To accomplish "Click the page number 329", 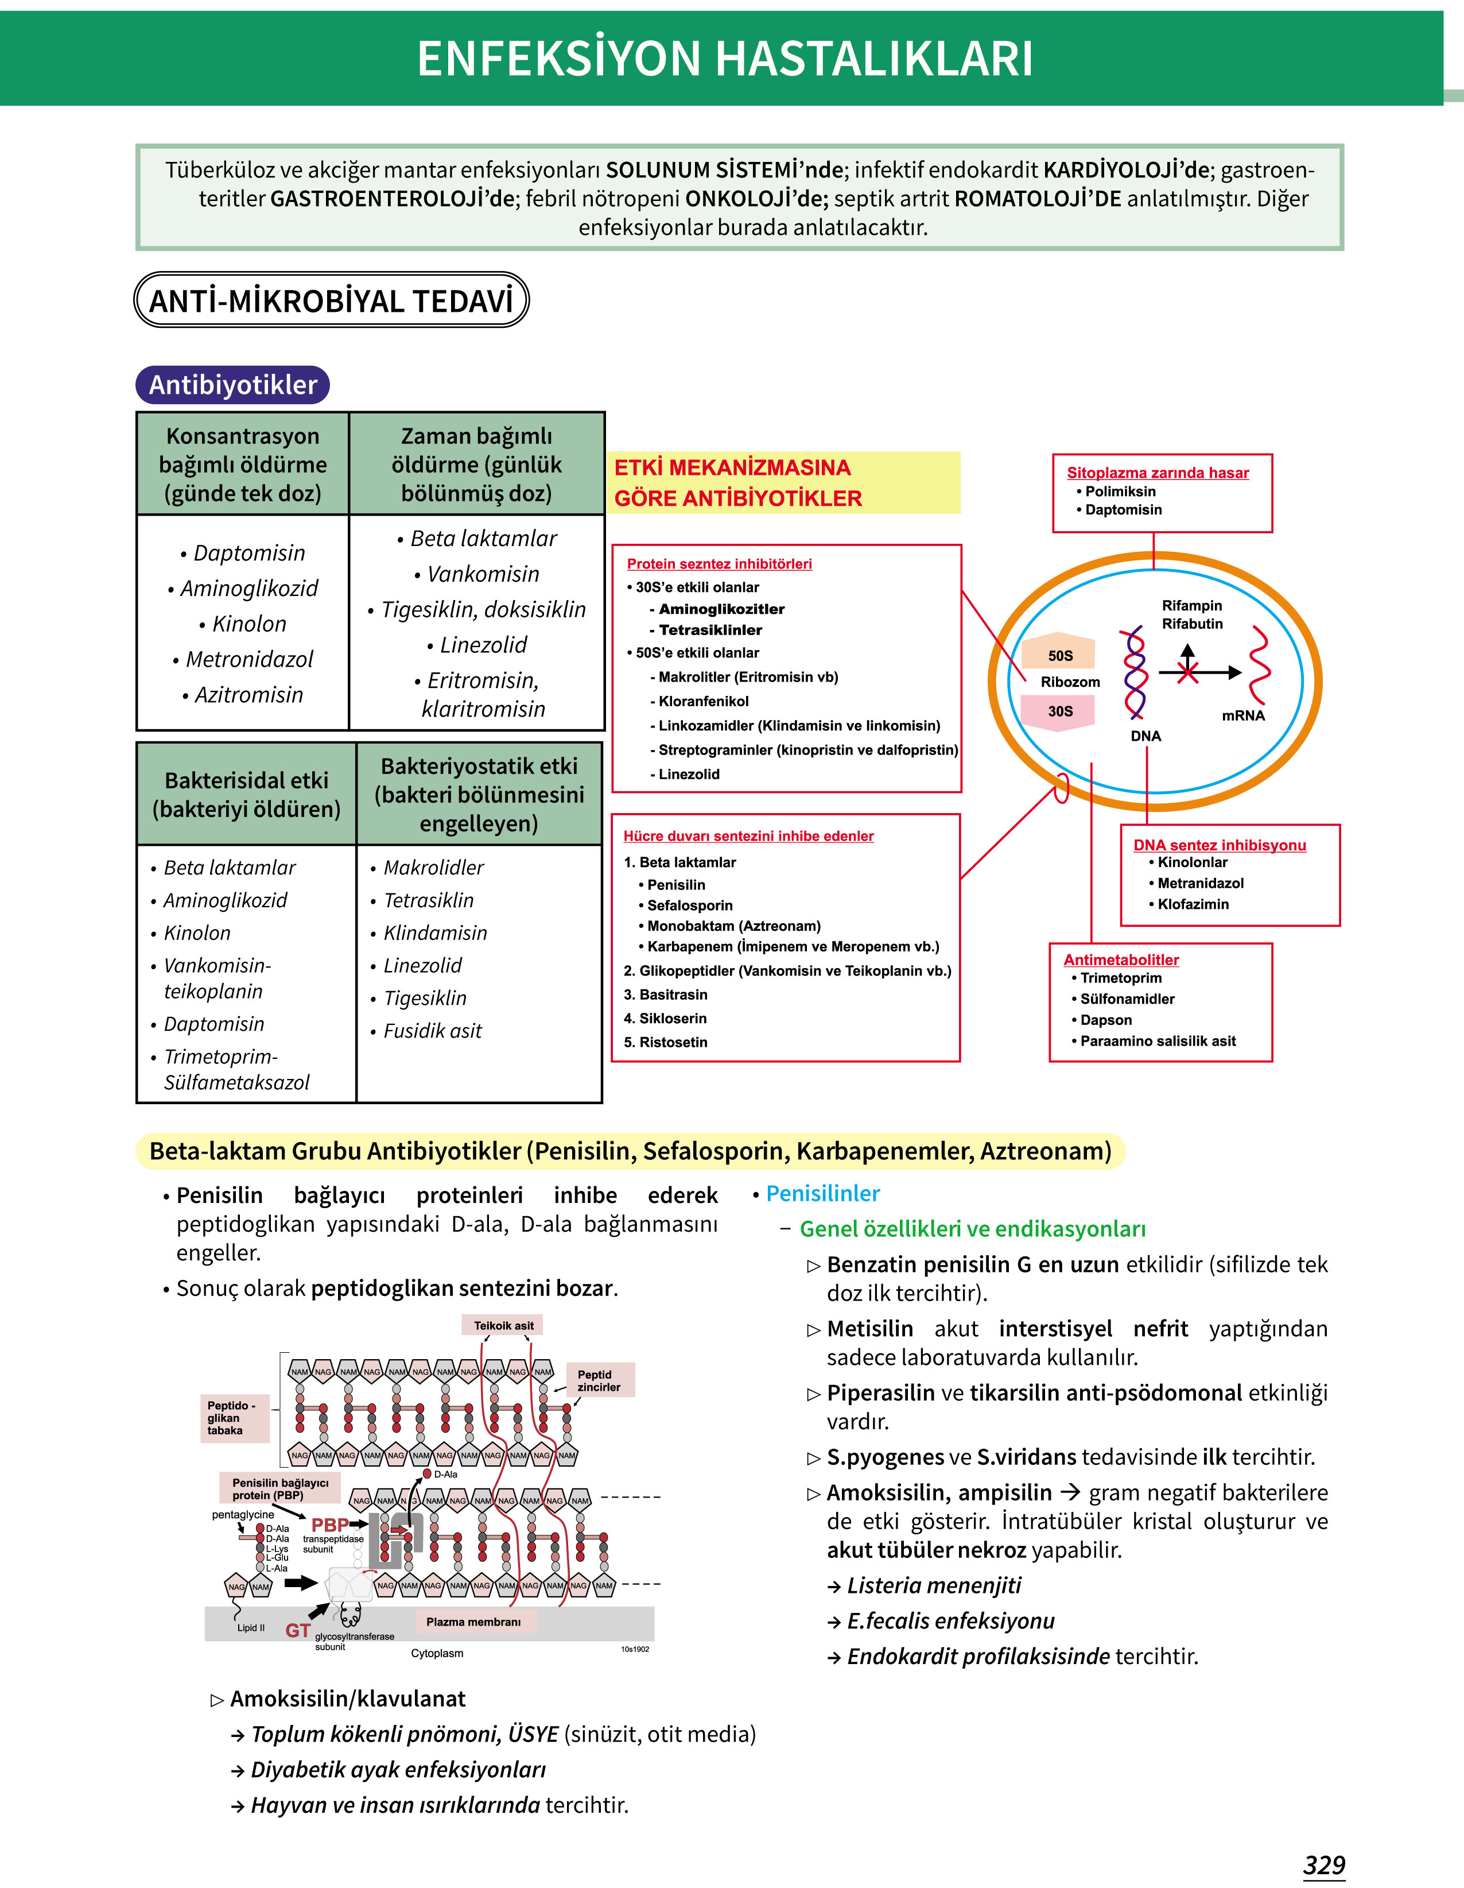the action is (x=1324, y=1864).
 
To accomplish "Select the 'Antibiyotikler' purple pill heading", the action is (x=232, y=385).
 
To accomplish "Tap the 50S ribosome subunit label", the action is (x=1061, y=655).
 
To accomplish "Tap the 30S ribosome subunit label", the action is (x=1061, y=711).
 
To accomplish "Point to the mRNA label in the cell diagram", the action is (x=1242, y=715).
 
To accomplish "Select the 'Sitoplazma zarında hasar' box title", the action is (x=1157, y=472).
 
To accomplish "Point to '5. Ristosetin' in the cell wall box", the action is (x=666, y=1042).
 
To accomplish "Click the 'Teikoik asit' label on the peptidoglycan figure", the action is (x=504, y=1325).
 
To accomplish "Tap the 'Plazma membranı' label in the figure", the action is (x=473, y=1622).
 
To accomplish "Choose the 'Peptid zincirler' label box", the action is (x=599, y=1380).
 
